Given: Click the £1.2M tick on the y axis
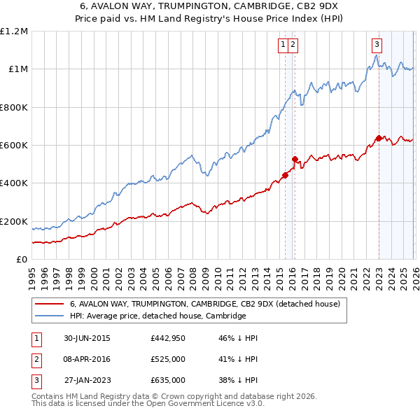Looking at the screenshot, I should [14, 31].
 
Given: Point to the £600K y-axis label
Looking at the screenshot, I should [14, 146].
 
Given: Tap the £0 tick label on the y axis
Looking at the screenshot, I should [21, 260].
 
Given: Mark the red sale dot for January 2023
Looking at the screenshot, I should [379, 138].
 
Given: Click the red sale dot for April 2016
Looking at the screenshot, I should [295, 159].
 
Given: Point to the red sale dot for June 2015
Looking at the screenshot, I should [285, 175].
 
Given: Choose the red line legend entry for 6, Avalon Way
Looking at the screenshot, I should [204, 304].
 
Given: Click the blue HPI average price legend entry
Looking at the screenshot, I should [157, 316].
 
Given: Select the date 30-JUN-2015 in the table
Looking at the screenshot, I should [87, 338].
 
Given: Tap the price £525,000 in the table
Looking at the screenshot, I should [167, 359].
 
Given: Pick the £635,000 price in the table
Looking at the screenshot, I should [167, 380].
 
